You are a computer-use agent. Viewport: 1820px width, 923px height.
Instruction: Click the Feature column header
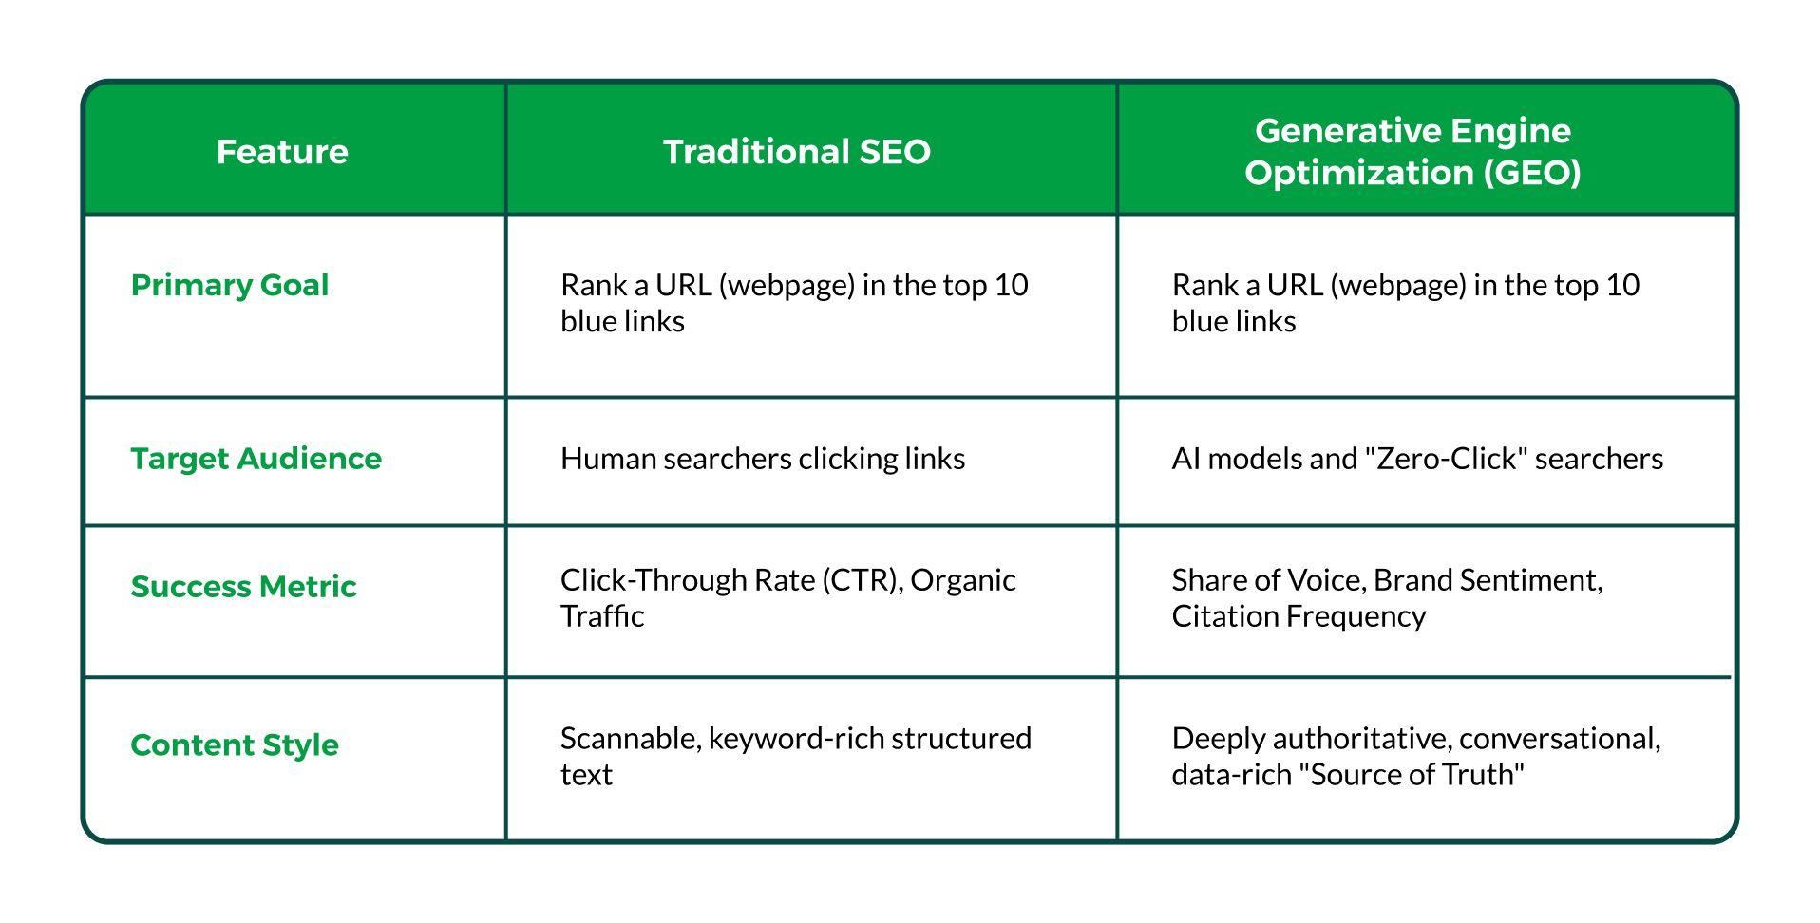[x=282, y=152]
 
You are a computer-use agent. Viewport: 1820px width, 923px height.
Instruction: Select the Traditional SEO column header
[x=796, y=152]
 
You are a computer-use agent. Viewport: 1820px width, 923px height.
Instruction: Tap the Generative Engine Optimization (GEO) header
[x=1412, y=152]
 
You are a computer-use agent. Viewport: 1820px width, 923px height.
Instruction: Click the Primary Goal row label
[x=230, y=285]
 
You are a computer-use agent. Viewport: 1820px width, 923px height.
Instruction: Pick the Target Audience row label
[x=256, y=459]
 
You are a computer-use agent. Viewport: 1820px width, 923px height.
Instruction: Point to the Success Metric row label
[x=244, y=587]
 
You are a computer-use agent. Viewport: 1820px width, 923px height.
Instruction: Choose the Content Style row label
[x=235, y=745]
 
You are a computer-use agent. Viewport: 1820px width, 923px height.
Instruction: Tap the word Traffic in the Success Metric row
[x=602, y=616]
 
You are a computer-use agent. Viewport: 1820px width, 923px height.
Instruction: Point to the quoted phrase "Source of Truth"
[x=1416, y=775]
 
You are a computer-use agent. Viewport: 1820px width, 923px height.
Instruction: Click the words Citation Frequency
[x=1299, y=617]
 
